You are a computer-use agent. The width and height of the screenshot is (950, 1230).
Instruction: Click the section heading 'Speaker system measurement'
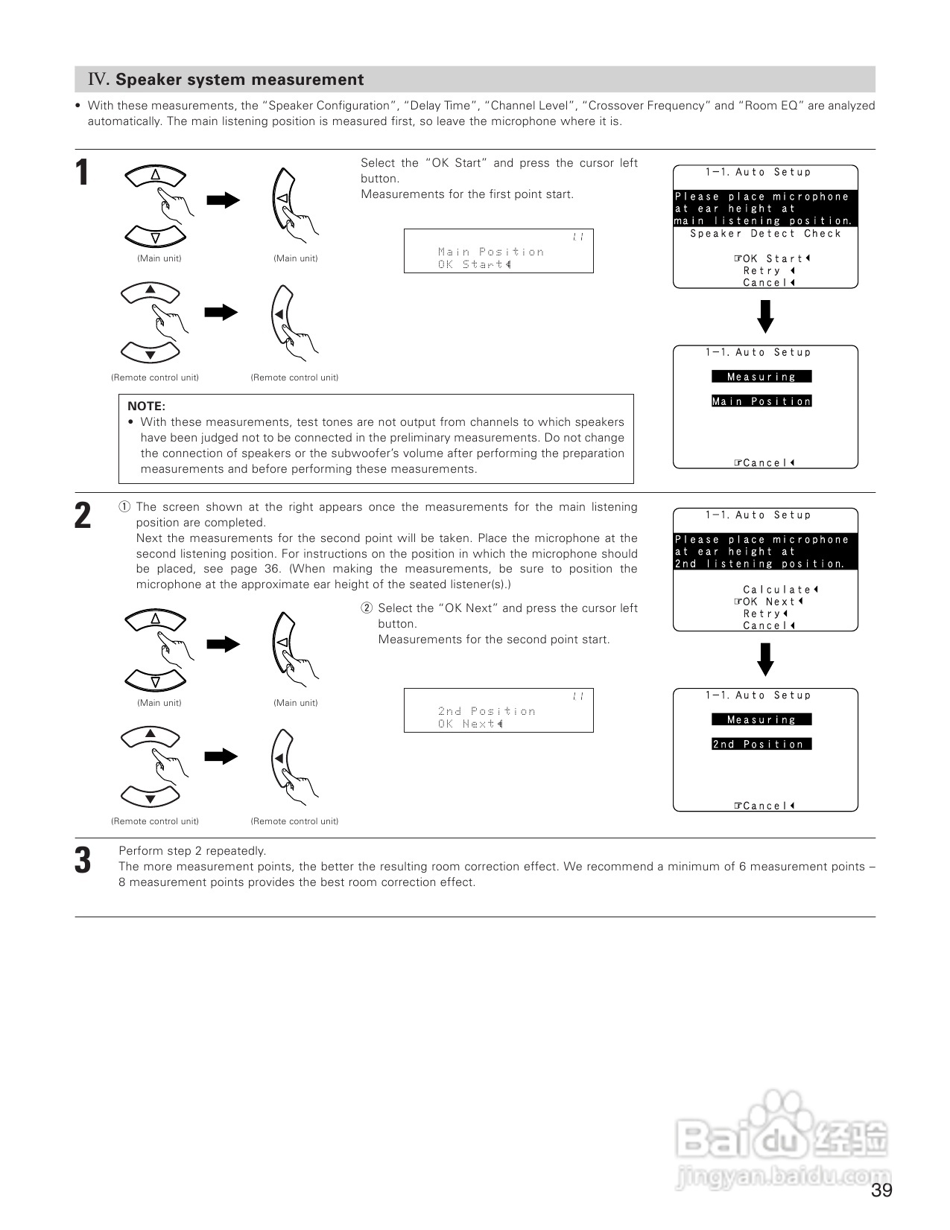239,80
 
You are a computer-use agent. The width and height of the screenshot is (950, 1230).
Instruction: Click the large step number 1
82,173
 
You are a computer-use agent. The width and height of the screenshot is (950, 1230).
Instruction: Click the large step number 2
83,516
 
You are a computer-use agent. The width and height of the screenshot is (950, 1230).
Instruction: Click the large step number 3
83,860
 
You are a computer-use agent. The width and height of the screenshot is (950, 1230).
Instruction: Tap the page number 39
881,1191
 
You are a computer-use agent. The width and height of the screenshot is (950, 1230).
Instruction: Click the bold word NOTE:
146,406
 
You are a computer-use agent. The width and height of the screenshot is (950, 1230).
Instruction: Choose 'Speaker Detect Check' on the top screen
765,234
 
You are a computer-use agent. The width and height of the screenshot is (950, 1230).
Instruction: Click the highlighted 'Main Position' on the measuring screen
761,401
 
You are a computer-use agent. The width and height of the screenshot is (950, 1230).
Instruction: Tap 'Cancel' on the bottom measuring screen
765,806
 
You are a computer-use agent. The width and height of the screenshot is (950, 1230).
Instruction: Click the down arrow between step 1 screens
765,316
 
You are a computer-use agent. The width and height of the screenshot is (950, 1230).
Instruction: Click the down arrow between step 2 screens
765,659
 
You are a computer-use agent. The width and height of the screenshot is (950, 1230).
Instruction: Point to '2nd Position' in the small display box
487,711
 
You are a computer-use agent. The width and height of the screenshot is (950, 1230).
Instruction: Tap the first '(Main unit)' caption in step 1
159,258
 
